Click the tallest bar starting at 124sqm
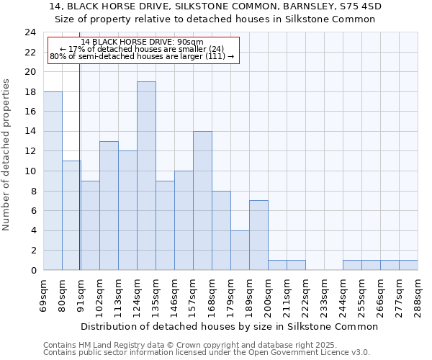(146, 176)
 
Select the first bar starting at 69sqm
(53, 181)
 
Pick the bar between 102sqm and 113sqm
(109, 205)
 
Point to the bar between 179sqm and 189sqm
(240, 250)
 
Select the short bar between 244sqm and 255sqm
(352, 265)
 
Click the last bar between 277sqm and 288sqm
(408, 265)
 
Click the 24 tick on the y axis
(30, 32)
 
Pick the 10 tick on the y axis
(30, 171)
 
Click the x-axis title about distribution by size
(229, 326)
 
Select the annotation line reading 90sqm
(143, 42)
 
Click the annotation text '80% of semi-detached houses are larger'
(143, 57)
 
